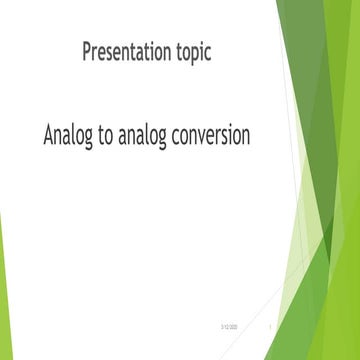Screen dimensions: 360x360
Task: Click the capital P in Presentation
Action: (88, 52)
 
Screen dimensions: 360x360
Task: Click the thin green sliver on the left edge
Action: (3, 280)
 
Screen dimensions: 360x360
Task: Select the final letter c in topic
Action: (207, 54)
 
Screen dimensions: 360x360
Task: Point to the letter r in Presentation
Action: (97, 54)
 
